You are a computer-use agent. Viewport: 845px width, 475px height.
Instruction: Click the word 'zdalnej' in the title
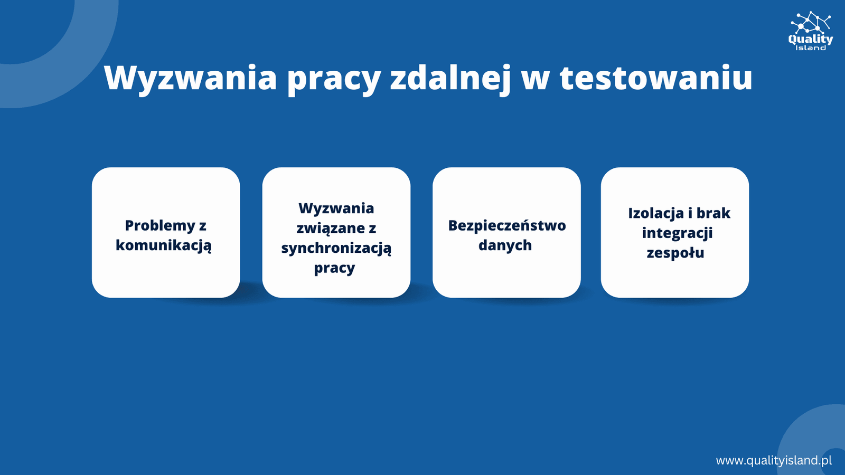[x=450, y=79]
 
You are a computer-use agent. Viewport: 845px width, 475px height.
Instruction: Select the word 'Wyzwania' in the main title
[x=191, y=78]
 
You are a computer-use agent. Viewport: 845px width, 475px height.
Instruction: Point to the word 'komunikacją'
[x=164, y=245]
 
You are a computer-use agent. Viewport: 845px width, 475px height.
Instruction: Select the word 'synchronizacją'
[x=336, y=248]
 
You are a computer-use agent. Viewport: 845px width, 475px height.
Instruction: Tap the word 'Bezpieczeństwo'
[x=507, y=225]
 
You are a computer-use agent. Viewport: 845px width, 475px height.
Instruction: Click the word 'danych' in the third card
[x=505, y=245]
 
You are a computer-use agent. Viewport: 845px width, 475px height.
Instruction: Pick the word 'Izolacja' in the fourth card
[x=656, y=213]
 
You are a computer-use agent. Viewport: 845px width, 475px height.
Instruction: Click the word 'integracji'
[x=677, y=233]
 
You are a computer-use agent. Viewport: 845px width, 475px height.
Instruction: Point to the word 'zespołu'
[x=675, y=253]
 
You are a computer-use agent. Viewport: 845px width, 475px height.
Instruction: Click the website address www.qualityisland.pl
[x=774, y=460]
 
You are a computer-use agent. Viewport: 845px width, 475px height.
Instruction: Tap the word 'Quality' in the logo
[x=810, y=39]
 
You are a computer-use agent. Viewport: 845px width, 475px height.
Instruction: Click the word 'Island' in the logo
[x=810, y=48]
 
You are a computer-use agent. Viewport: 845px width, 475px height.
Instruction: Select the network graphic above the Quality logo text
[x=810, y=22]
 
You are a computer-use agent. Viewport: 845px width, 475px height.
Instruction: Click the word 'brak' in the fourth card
[x=713, y=213]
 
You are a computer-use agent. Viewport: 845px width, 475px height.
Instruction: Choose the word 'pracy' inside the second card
[x=335, y=268]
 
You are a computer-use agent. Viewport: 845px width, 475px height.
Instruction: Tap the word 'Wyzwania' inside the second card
[x=336, y=208]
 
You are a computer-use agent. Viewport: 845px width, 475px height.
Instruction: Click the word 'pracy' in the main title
[x=334, y=80]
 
